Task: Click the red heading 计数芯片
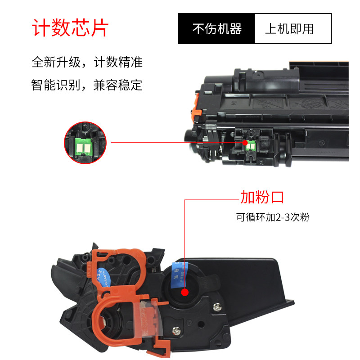tap(70, 28)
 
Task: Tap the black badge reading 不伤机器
tap(217, 29)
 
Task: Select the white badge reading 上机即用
tap(293, 29)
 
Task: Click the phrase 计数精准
tap(118, 62)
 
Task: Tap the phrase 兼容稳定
tap(118, 85)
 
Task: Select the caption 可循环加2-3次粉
tap(273, 217)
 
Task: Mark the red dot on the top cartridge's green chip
tap(246, 143)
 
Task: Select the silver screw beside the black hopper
tap(218, 307)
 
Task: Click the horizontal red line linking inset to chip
tap(175, 143)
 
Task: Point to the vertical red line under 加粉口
tap(184, 243)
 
